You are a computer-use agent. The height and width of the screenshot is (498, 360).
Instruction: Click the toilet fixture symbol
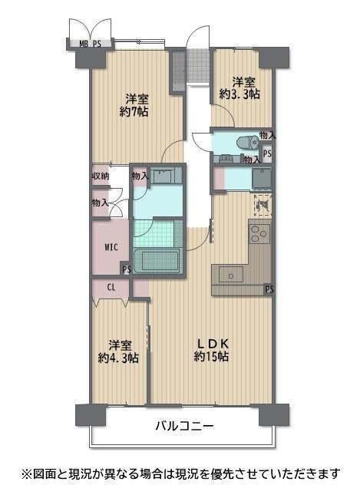248,142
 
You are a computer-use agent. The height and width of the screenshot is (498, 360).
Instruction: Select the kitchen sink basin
231,275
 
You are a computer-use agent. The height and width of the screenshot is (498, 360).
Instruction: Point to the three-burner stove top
259,234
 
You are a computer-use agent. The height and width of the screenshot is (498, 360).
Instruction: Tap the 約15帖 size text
211,357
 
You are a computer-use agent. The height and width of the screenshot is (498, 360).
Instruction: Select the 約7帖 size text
134,112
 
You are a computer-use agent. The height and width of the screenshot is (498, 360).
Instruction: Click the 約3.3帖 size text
240,94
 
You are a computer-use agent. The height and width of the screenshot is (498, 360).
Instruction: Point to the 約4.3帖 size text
118,358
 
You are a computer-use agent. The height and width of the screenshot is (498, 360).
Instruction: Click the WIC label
111,247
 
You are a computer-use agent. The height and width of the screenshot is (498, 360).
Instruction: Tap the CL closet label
111,288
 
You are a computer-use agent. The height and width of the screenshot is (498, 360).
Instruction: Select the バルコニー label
184,426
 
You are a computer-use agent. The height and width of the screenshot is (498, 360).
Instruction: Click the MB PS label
90,44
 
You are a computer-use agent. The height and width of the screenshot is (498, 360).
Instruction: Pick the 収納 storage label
101,176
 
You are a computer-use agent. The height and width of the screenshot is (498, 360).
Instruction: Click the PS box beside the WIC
127,269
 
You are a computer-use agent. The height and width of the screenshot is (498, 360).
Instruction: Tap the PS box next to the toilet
267,153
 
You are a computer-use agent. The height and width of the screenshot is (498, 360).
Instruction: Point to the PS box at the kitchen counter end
269,289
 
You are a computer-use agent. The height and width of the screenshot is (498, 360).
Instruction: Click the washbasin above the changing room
166,175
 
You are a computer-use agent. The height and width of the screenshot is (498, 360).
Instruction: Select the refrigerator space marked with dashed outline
263,206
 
